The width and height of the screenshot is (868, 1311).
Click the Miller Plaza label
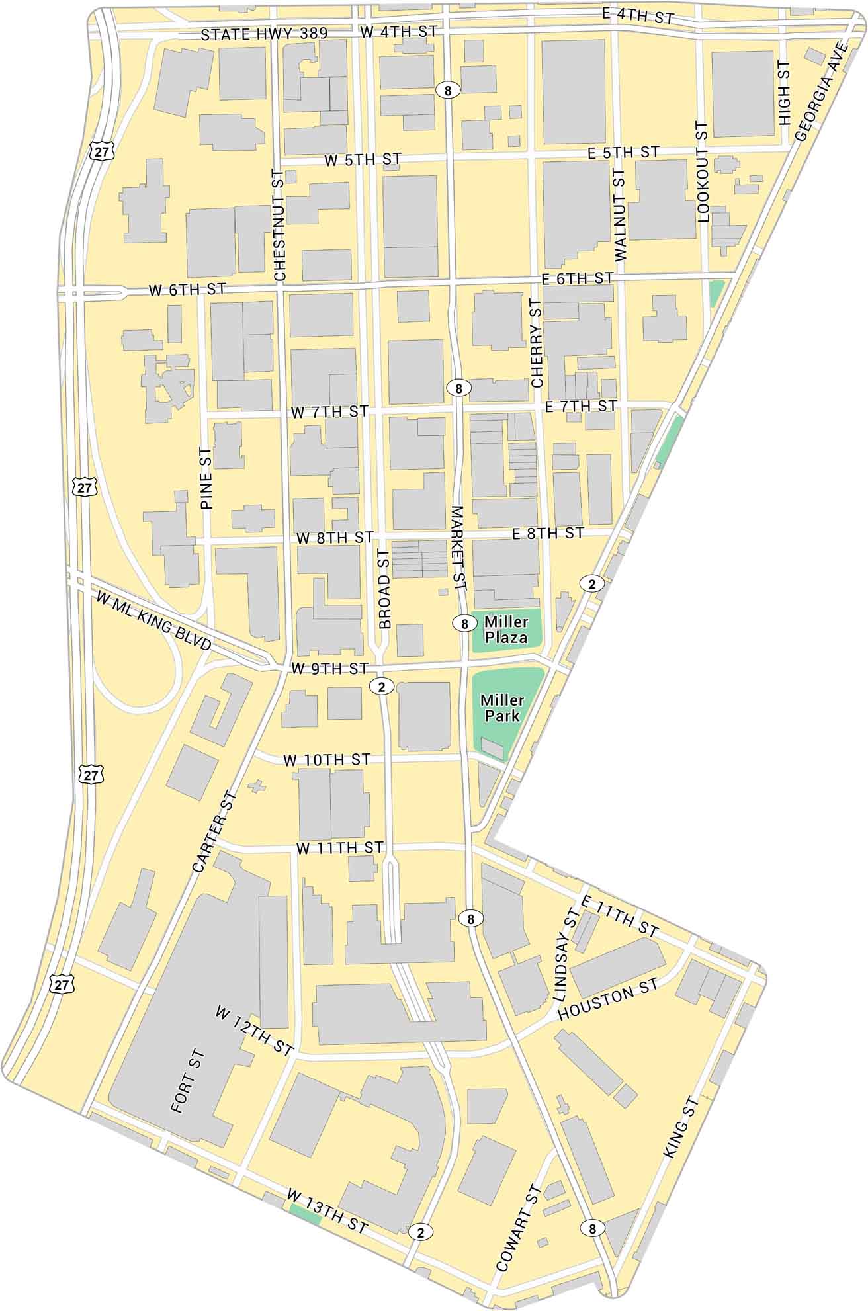coord(506,630)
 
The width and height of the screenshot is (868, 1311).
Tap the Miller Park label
coord(502,707)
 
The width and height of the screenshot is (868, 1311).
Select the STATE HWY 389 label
coord(264,34)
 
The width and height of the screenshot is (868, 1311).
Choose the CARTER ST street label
coord(212,831)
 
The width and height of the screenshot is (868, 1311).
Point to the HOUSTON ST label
coord(608,1000)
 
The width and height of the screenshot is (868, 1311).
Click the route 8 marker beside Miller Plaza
coord(464,623)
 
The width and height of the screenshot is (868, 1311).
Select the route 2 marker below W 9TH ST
coord(381,687)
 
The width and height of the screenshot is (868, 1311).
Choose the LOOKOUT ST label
coord(703,171)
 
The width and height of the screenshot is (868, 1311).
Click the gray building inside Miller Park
coord(492,748)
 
